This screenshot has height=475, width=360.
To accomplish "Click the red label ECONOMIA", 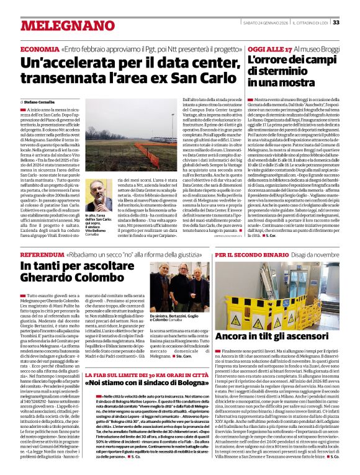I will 39,49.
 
